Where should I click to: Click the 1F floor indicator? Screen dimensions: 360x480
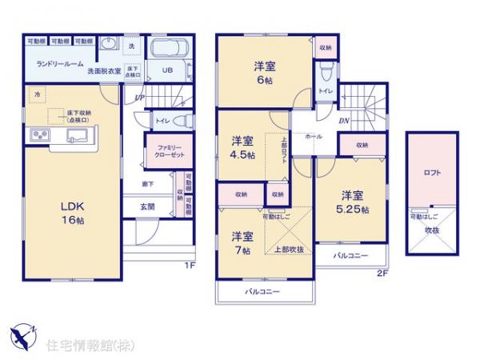[190, 265]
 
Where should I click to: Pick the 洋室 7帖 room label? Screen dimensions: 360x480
[242, 242]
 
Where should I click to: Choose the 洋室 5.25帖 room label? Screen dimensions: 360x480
[351, 202]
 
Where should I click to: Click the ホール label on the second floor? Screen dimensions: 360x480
[314, 137]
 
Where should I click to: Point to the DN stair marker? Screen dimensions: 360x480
[343, 121]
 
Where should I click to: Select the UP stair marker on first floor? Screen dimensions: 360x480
[138, 98]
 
